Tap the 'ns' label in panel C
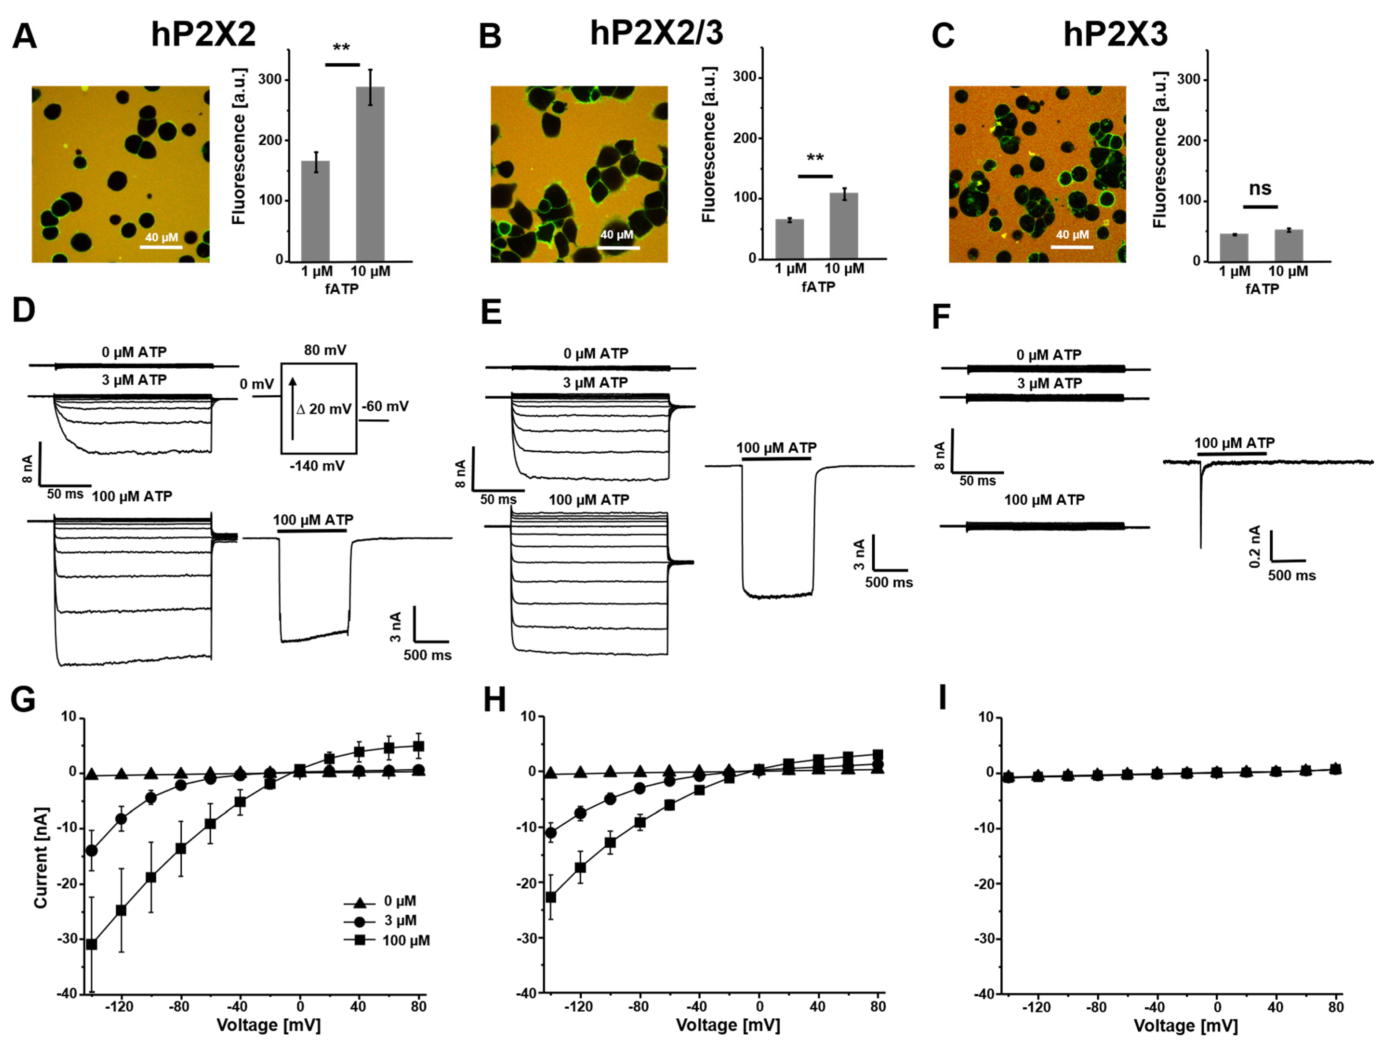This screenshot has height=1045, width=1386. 1260,188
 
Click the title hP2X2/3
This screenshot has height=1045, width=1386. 656,33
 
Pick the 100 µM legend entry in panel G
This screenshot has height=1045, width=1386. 389,940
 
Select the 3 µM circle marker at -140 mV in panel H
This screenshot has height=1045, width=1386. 551,833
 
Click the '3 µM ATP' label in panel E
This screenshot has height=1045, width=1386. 594,382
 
